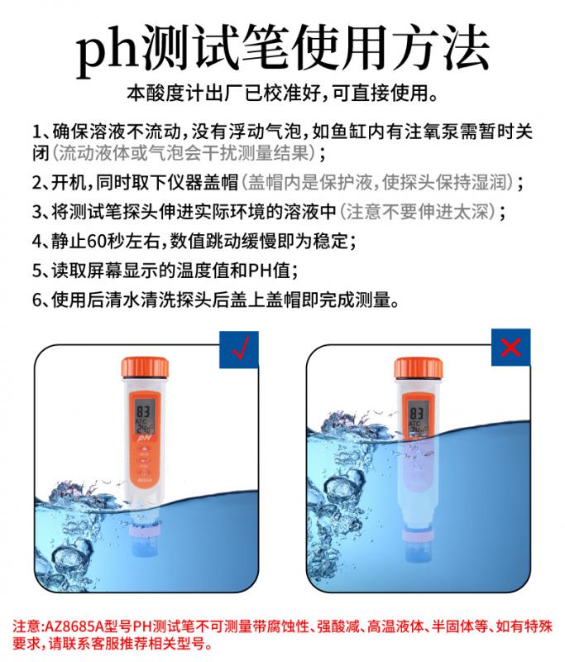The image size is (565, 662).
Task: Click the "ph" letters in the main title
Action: [108, 52]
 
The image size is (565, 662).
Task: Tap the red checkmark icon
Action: [239, 349]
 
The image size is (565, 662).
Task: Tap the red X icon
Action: [510, 347]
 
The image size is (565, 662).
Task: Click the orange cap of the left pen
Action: [145, 368]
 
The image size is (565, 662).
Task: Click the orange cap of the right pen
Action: [418, 368]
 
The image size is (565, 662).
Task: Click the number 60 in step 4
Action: [97, 241]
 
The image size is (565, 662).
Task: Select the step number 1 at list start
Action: [37, 132]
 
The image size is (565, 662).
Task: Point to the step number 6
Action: [37, 300]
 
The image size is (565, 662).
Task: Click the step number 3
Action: [37, 212]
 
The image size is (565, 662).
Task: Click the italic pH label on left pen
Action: [144, 439]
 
